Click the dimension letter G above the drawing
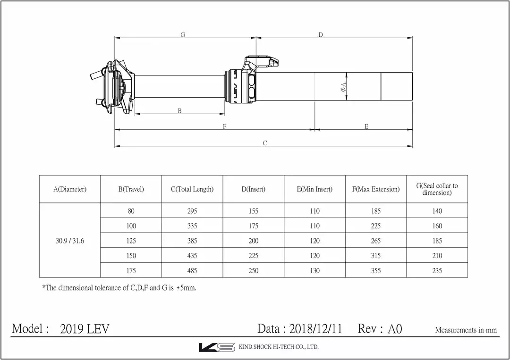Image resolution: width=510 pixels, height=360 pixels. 183,35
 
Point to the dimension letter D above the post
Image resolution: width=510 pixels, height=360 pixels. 321,35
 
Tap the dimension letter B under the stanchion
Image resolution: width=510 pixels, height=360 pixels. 179,111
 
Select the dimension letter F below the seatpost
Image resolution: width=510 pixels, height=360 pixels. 224,126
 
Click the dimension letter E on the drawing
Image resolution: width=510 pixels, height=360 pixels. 366,126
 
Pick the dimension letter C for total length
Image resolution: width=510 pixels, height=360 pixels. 265,143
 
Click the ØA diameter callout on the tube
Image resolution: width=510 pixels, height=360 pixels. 343,87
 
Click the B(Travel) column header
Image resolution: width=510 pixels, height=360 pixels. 131,189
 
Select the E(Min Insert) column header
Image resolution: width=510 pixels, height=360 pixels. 314,189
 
